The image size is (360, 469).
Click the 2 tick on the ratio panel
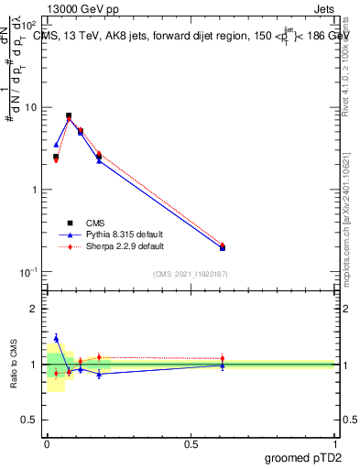click(x=34, y=309)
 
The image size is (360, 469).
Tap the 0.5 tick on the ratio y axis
click(x=29, y=420)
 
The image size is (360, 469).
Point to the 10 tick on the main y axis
click(x=30, y=107)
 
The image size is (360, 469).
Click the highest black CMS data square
click(x=69, y=116)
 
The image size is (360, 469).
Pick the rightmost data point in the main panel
click(x=223, y=246)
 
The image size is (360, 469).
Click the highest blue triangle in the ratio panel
click(x=56, y=338)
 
